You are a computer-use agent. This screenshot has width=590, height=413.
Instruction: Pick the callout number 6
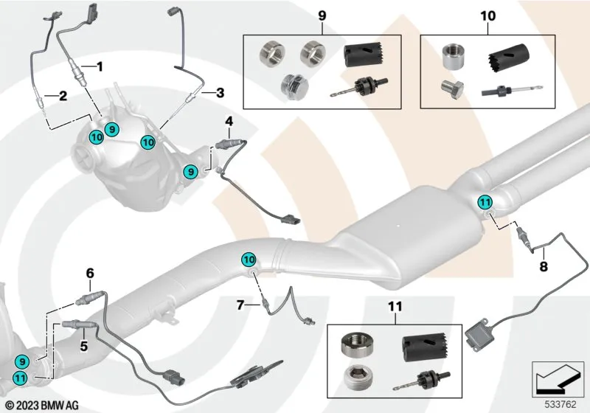click(90, 274)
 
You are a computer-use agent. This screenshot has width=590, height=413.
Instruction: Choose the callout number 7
click(240, 304)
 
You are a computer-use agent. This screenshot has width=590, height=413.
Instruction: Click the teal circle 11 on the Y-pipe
click(485, 202)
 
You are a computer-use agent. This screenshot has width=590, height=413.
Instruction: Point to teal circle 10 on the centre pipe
click(249, 260)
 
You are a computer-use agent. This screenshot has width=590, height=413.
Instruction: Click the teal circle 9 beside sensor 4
click(191, 171)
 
